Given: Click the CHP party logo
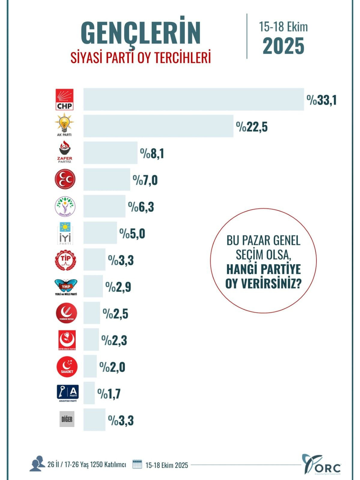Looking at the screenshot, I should click(65, 100).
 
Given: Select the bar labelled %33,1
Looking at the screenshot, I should click(194, 99).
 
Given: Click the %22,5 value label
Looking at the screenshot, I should click(252, 127).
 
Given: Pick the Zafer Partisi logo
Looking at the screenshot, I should click(65, 152).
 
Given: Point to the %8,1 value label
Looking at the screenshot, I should click(152, 154).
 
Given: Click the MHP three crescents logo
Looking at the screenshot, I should click(65, 179).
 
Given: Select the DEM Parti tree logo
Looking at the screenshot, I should click(65, 206).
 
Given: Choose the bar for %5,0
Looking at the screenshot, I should click(100, 233).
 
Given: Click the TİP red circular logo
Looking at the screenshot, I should click(65, 260).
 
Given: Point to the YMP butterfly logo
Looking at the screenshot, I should click(66, 286).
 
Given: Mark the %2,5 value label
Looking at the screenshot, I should click(116, 314).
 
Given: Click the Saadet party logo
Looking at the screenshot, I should click(67, 367).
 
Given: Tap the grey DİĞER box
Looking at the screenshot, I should click(67, 419).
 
